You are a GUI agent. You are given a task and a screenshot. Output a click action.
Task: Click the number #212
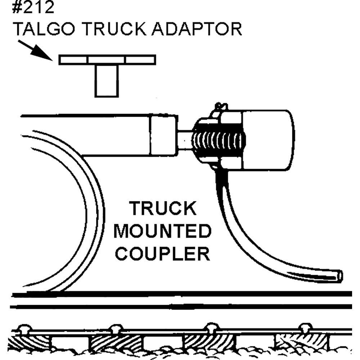point(33,8)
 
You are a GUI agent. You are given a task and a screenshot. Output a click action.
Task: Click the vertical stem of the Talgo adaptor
point(107,81)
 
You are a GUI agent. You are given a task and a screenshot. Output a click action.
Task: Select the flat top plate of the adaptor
point(107,60)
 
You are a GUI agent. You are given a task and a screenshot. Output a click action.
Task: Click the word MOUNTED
point(162,231)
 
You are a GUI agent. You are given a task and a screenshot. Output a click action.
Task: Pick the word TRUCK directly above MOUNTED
point(163,209)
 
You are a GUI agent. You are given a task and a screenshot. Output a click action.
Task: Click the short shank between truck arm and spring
point(185,140)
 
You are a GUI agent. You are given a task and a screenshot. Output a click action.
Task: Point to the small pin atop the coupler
point(220,107)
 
